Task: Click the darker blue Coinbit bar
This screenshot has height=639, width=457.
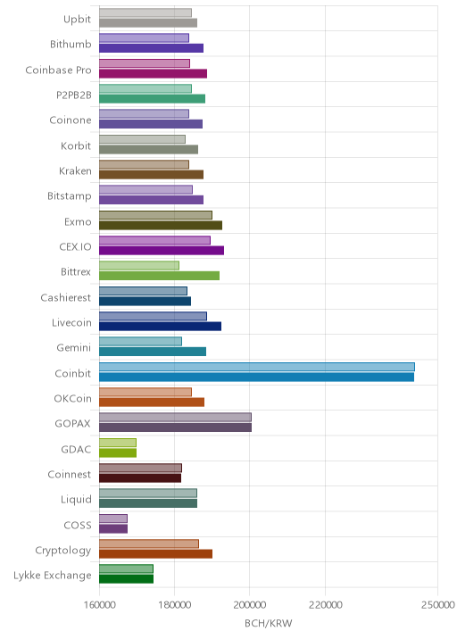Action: (256, 377)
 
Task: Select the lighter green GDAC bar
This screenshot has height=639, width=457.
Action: (118, 443)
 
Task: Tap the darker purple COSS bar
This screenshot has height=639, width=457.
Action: (113, 528)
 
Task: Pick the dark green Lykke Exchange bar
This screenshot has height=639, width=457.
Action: (127, 579)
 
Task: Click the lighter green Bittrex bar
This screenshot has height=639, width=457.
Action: (139, 265)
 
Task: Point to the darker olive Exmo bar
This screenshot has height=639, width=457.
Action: (161, 226)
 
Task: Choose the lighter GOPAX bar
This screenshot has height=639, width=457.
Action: (175, 418)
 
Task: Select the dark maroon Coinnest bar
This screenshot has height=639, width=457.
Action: (140, 478)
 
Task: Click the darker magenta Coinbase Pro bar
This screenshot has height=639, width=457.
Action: (153, 73)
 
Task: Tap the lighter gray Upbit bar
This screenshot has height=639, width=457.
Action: (145, 12)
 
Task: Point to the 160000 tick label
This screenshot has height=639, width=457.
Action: (99, 604)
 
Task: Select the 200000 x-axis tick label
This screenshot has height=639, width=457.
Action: (250, 604)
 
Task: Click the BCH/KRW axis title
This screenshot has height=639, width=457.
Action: (269, 623)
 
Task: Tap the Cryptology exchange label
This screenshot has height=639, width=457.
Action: (63, 550)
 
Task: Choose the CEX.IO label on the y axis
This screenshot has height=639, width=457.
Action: (75, 246)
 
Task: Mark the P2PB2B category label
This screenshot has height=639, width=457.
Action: (74, 95)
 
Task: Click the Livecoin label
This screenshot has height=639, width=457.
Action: (71, 322)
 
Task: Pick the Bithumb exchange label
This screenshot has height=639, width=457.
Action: (71, 44)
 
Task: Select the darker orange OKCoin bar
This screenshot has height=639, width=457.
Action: (152, 402)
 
